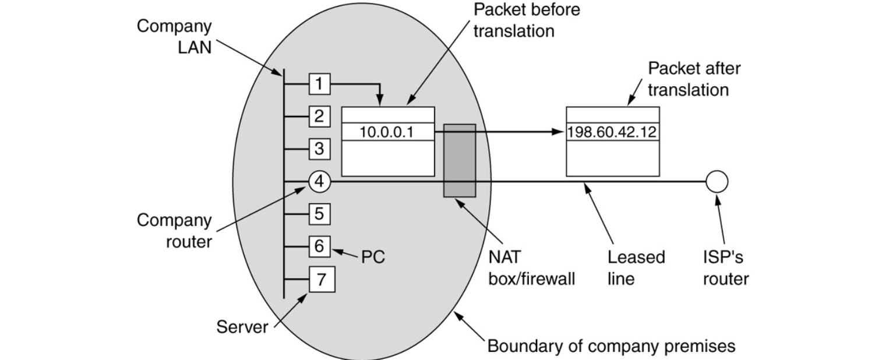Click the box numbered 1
click(x=319, y=84)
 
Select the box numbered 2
click(x=319, y=117)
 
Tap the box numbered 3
click(x=319, y=149)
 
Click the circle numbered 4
click(x=319, y=182)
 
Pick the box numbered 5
click(x=319, y=214)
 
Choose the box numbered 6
click(x=319, y=246)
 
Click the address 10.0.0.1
click(x=387, y=132)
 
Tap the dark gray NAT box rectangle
click(x=460, y=160)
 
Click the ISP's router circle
click(x=717, y=182)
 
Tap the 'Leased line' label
click(x=636, y=267)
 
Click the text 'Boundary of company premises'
click(x=611, y=346)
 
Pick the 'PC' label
click(x=373, y=257)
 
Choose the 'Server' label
click(x=242, y=326)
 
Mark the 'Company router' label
click(x=174, y=230)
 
